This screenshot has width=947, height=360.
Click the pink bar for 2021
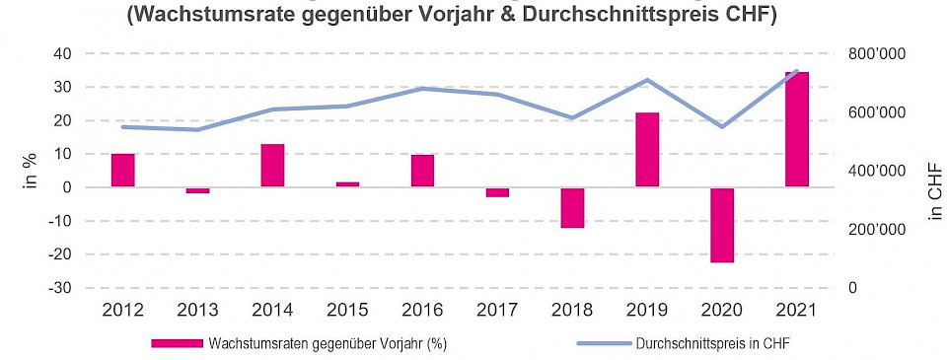[x=797, y=129]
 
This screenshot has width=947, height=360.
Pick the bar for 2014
[x=272, y=166]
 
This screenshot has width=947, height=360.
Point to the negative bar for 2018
[x=572, y=207]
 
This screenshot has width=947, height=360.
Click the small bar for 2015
[x=347, y=184]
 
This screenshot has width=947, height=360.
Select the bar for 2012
[x=122, y=171]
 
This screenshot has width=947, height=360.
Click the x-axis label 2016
[x=422, y=311]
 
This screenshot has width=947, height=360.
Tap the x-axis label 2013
[x=197, y=311]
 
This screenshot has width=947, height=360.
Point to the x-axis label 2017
[x=497, y=311]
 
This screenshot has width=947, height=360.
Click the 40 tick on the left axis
[x=61, y=53]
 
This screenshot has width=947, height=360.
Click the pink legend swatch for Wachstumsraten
[x=178, y=343]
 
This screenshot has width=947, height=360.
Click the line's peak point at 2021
[x=797, y=71]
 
